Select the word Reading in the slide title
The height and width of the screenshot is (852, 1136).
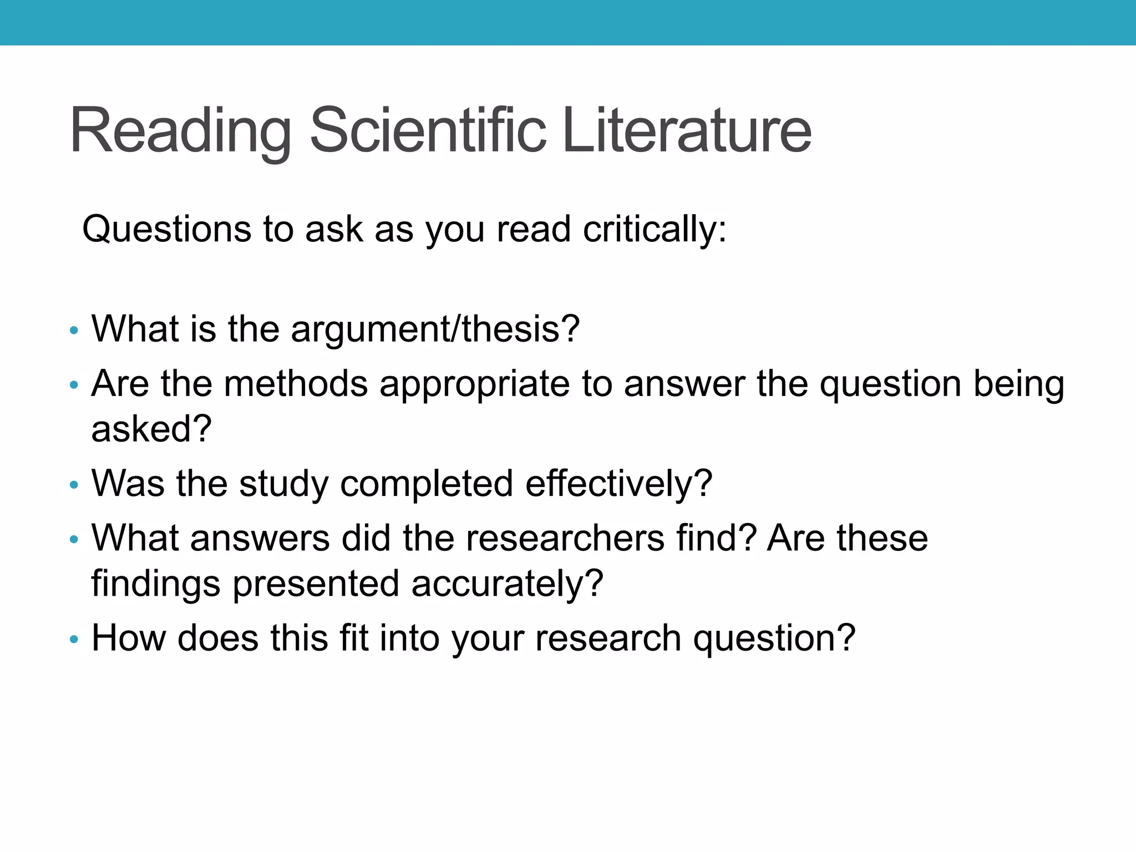point(180,132)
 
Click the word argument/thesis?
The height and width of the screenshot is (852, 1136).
point(435,329)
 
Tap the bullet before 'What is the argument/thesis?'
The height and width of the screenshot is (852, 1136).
point(74,331)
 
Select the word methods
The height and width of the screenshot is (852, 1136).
point(296,384)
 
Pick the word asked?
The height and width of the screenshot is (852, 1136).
point(151,429)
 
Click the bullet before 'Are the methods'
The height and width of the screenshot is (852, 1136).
point(74,384)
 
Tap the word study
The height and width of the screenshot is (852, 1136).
point(283,484)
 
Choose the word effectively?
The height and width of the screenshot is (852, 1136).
point(618,484)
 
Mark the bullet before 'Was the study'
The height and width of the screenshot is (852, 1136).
point(74,485)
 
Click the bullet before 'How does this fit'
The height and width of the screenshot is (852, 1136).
point(74,640)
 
